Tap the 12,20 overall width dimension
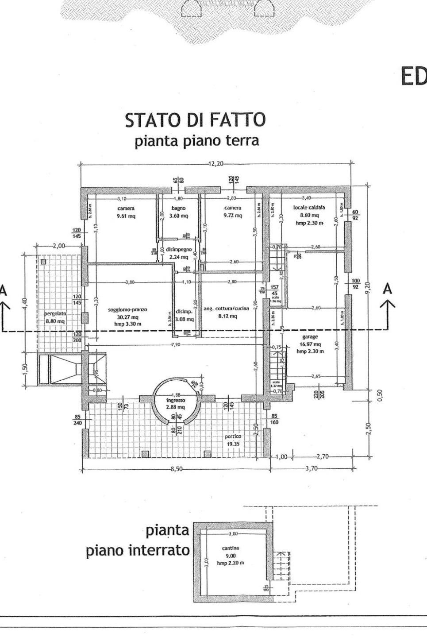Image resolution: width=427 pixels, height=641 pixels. coord(215,164)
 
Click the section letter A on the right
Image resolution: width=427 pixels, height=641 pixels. coord(388,289)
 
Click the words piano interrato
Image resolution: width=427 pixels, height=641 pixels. coord(137,551)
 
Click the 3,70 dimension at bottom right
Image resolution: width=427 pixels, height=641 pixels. coord(312,469)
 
